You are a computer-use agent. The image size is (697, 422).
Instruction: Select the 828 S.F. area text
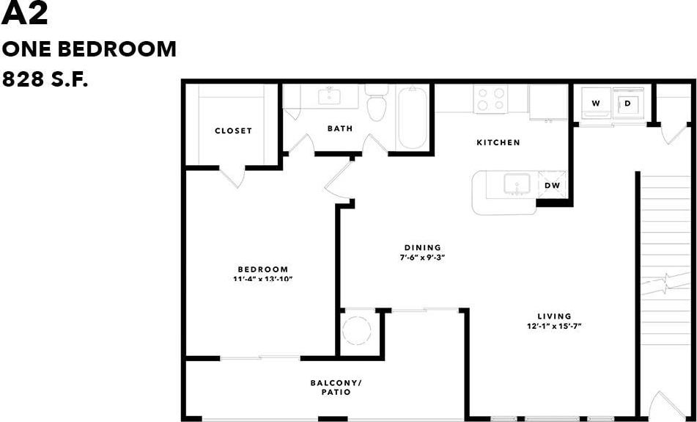click(x=45, y=79)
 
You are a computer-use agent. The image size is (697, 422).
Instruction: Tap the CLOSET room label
click(x=233, y=131)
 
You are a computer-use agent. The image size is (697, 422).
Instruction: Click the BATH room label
click(x=339, y=128)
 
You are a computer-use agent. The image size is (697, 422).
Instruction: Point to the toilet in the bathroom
click(x=377, y=106)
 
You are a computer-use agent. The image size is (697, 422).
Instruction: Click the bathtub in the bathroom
click(x=412, y=118)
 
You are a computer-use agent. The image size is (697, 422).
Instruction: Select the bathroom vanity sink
click(x=329, y=95)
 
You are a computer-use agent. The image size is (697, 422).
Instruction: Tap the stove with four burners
click(x=490, y=99)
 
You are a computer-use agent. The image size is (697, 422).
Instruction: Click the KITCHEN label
click(x=498, y=142)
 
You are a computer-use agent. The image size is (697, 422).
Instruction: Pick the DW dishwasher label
click(x=552, y=186)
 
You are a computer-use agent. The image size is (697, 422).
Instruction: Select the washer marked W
click(x=596, y=103)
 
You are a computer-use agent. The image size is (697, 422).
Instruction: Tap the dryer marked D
click(x=628, y=103)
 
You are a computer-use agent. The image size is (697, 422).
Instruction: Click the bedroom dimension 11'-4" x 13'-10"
click(x=262, y=279)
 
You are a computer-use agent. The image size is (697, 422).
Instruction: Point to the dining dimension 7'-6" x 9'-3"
click(x=422, y=258)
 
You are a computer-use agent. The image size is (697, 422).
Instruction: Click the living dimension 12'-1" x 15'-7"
click(x=553, y=326)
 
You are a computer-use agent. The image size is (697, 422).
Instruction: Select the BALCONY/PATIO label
click(x=336, y=388)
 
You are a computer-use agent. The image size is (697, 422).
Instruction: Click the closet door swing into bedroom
click(x=232, y=178)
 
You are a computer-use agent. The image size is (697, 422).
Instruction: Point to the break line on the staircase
click(x=665, y=280)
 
